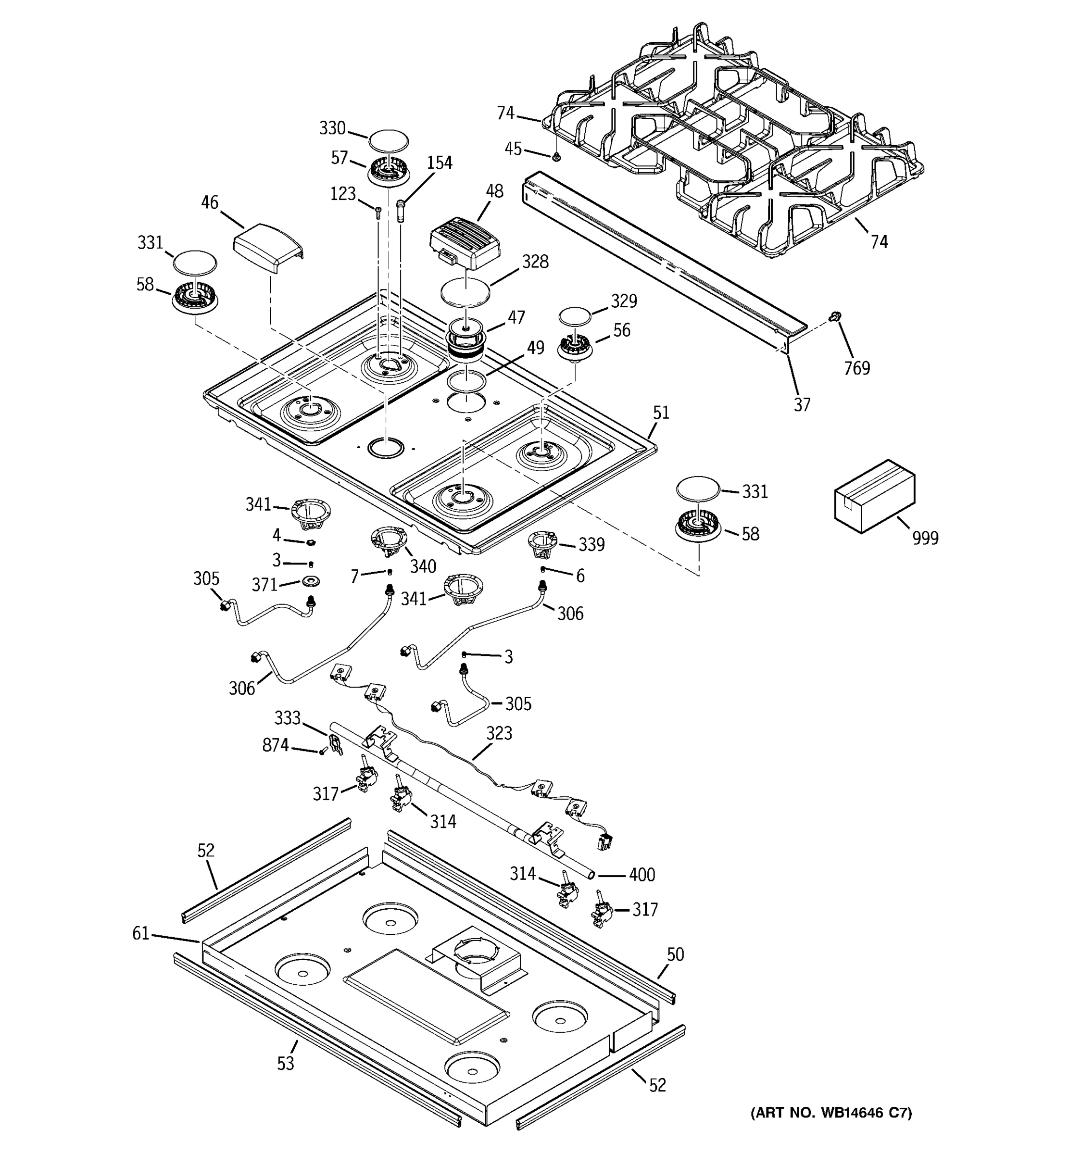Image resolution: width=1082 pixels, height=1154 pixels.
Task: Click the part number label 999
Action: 925,538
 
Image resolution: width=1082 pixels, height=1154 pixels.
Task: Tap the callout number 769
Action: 857,368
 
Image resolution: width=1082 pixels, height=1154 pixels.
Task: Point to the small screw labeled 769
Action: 836,316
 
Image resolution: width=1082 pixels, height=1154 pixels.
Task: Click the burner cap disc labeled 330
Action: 389,141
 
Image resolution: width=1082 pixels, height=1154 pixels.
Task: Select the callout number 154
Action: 440,163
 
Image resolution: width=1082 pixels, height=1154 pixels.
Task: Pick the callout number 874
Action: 275,745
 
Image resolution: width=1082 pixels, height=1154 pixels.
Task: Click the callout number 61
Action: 141,933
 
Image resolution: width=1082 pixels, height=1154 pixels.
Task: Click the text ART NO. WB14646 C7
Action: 831,1112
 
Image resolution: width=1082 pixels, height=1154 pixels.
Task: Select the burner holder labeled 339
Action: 541,542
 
